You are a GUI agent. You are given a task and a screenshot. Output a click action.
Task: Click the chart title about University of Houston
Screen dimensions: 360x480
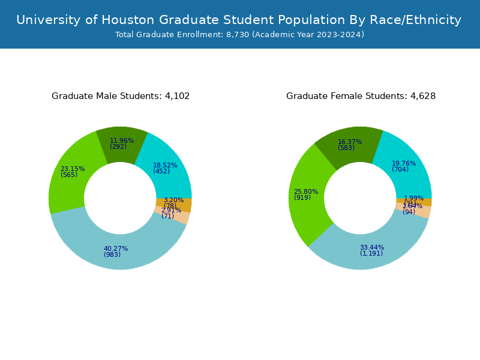tap(239, 20)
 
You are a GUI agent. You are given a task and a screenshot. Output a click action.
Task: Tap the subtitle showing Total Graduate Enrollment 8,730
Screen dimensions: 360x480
tap(239, 35)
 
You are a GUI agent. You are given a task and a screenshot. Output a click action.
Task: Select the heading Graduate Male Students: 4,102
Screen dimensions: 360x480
tap(121, 96)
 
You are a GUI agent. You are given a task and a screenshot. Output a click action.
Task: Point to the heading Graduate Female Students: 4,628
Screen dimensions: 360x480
tap(361, 96)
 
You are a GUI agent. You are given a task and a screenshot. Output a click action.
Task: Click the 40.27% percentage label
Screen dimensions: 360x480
tap(116, 249)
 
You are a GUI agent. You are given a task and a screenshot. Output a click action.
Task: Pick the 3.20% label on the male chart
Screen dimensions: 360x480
tap(173, 200)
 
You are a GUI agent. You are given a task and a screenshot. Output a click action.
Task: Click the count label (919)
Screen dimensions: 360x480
tap(302, 198)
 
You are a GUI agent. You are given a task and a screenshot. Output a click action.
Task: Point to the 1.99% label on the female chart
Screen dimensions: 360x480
tap(413, 198)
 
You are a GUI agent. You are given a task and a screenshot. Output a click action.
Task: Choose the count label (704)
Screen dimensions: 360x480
tap(400, 169)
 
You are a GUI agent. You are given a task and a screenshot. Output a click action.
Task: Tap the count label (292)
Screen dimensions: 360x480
tap(118, 146)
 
